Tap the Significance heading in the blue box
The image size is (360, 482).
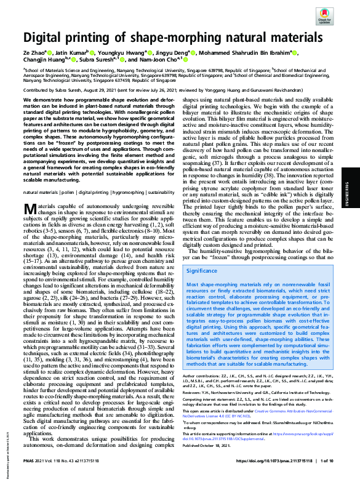coord(201,270)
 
